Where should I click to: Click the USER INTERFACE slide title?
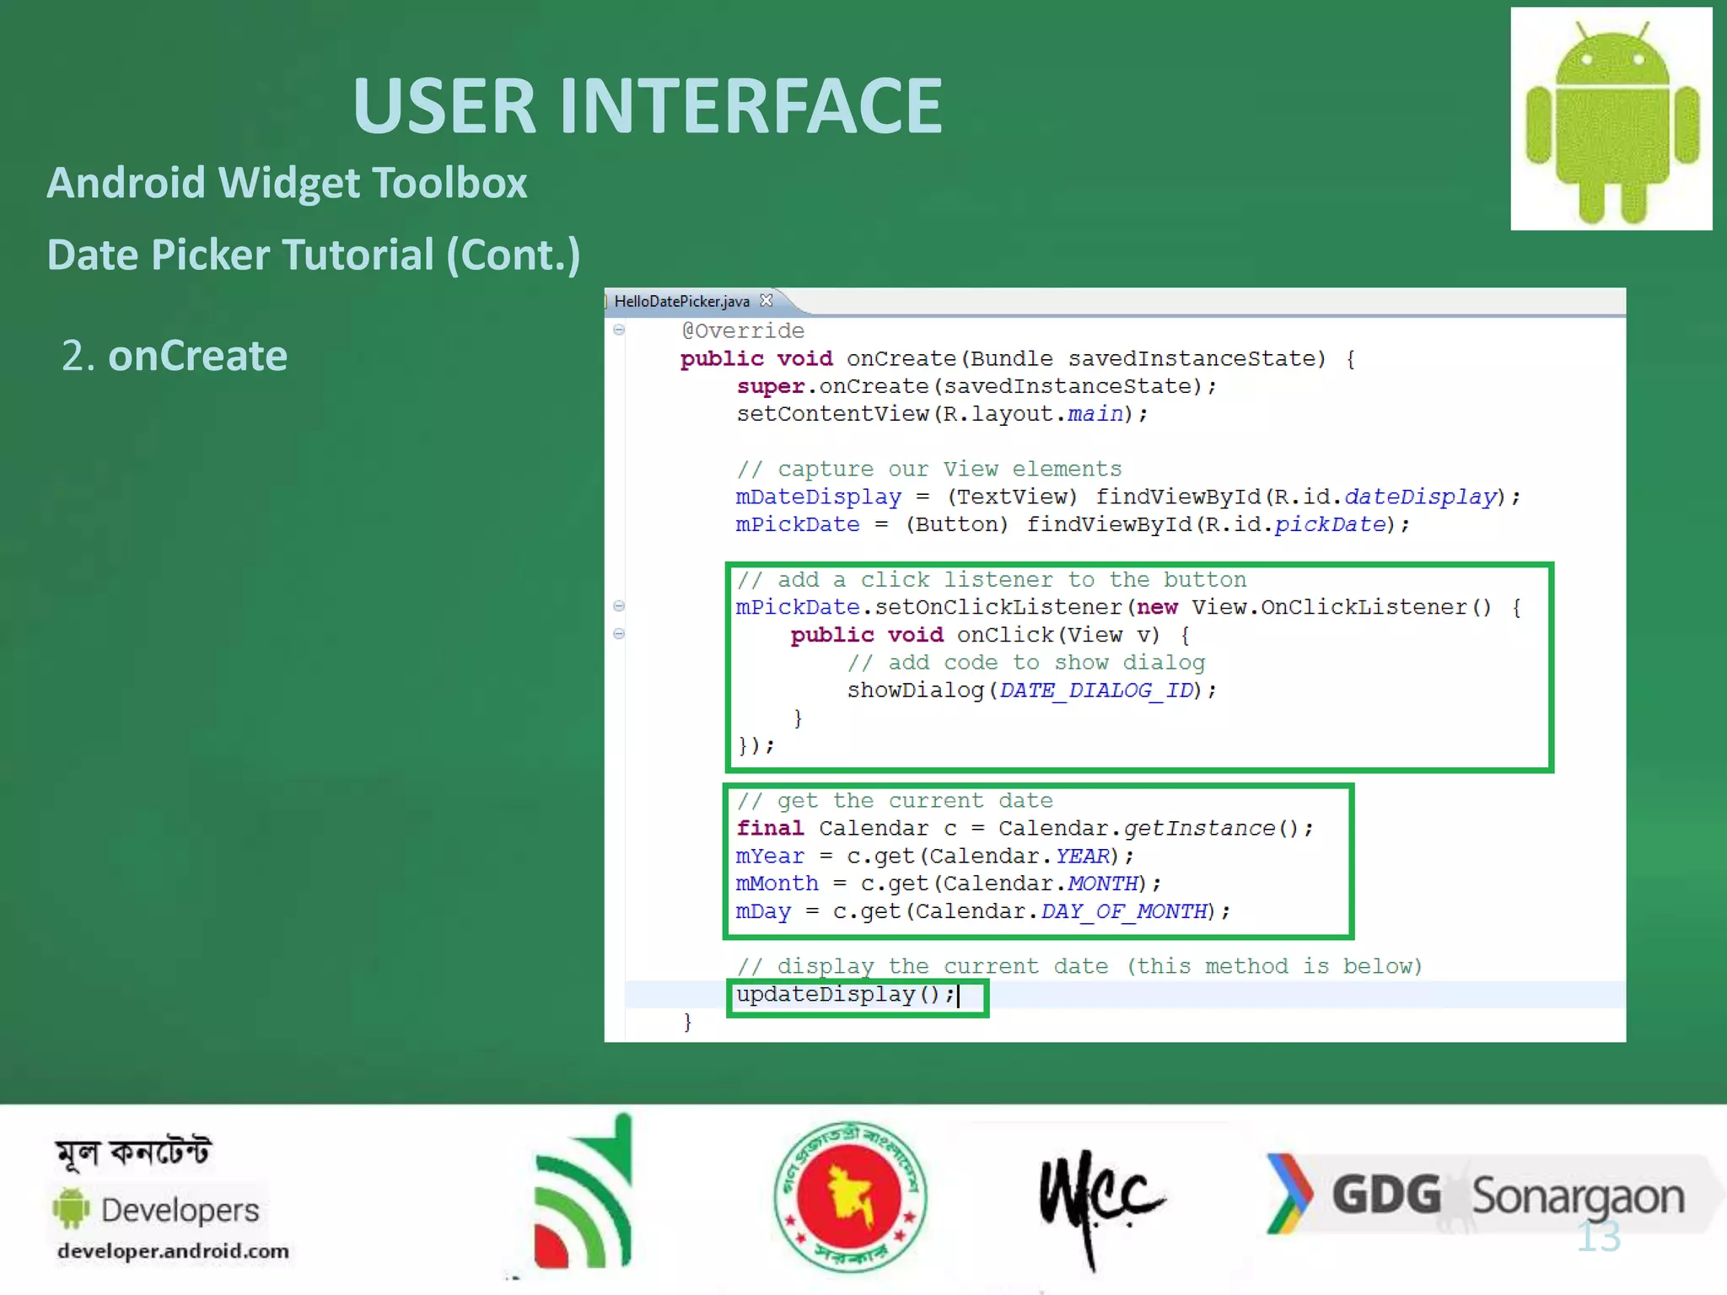tap(647, 106)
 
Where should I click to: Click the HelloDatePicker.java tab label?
tap(681, 301)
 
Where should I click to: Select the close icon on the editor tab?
tap(766, 300)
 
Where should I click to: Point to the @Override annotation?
tap(743, 330)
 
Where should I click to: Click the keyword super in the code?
tap(770, 386)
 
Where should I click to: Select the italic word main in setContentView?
tap(1095, 414)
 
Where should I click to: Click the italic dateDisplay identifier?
tap(1420, 497)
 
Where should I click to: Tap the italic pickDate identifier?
tap(1330, 524)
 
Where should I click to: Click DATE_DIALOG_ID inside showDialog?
tap(1096, 690)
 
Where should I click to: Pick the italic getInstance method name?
tap(1199, 829)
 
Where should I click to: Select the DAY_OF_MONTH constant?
tap(1124, 911)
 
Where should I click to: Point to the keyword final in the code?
tap(770, 829)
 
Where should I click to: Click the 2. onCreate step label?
tap(175, 356)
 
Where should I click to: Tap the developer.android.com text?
tap(173, 1251)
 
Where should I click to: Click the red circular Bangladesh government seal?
tap(850, 1196)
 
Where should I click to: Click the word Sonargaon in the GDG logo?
tap(1578, 1196)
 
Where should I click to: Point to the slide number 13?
tap(1598, 1237)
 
